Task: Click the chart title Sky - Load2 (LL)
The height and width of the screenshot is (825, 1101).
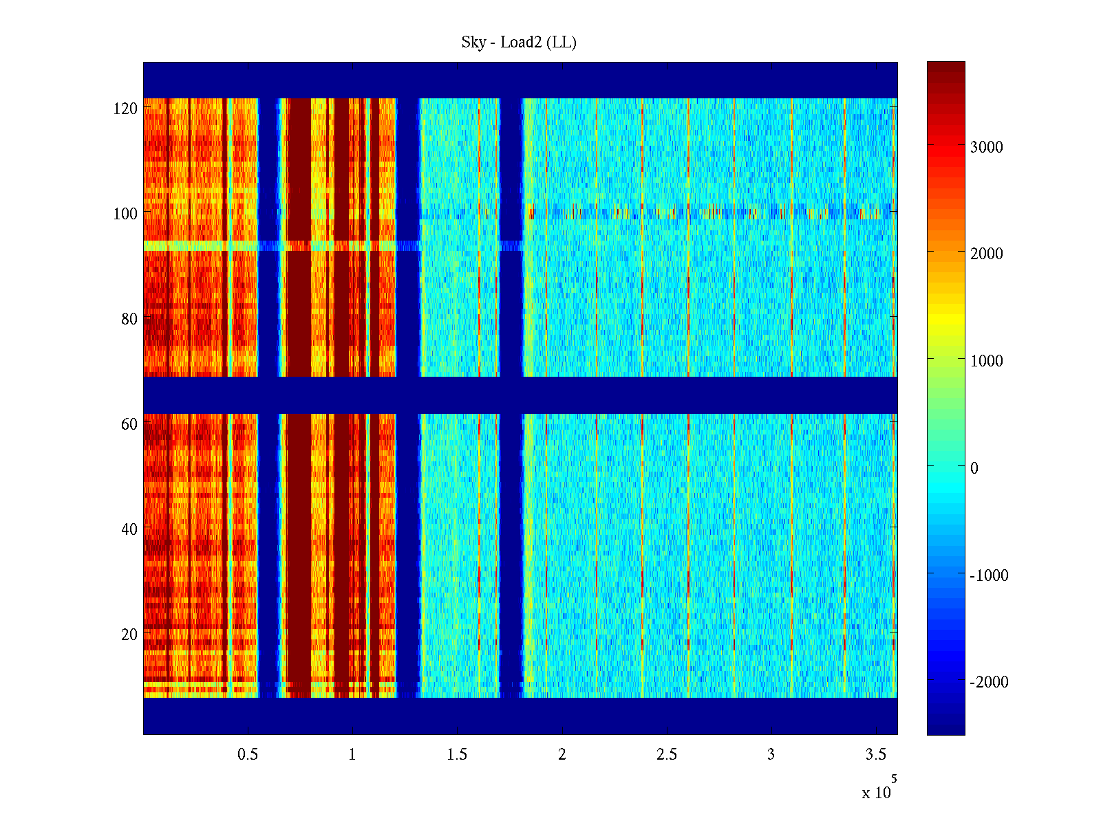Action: click(519, 43)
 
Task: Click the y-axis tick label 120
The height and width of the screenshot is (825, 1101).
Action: click(125, 109)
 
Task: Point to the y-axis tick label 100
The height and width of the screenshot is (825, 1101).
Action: click(125, 214)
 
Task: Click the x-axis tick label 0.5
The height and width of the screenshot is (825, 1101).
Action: click(248, 755)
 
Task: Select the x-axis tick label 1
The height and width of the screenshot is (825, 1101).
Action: click(352, 755)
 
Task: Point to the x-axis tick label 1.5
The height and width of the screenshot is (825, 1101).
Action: click(457, 755)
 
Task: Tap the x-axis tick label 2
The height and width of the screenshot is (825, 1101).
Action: click(562, 755)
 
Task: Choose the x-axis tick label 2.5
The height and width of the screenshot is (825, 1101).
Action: click(667, 755)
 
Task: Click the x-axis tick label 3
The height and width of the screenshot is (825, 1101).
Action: click(771, 755)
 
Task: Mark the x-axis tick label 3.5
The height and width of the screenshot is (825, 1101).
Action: click(876, 755)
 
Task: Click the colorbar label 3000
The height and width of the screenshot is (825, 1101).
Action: click(987, 147)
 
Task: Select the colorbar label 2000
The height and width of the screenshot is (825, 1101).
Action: click(987, 254)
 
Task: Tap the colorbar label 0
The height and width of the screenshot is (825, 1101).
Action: click(974, 468)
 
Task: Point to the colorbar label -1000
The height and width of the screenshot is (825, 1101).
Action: click(989, 575)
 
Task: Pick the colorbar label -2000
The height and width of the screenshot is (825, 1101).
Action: click(989, 682)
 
